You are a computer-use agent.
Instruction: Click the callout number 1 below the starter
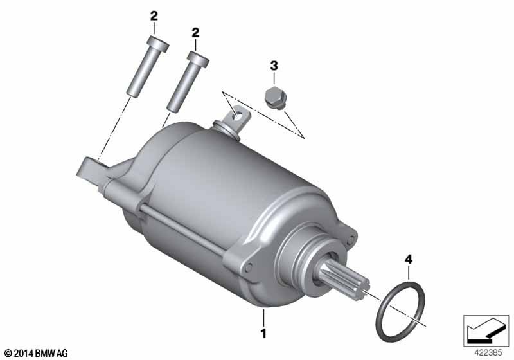(263, 334)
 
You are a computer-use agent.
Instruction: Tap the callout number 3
(274, 66)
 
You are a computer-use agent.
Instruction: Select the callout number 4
(409, 260)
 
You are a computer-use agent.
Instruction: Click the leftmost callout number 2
(154, 15)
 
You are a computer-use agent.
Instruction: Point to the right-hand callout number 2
(195, 32)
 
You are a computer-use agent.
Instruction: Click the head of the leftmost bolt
(158, 44)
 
